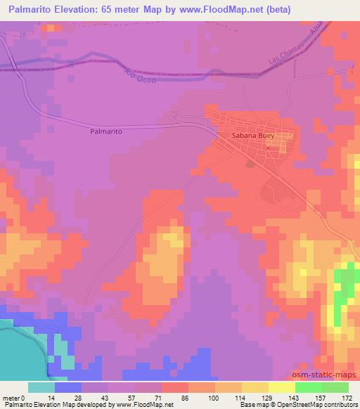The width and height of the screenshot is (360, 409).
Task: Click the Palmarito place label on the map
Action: click(x=107, y=131)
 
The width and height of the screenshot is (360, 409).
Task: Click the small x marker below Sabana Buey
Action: click(x=269, y=148)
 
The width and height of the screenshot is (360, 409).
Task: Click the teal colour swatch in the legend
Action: click(x=41, y=387)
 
